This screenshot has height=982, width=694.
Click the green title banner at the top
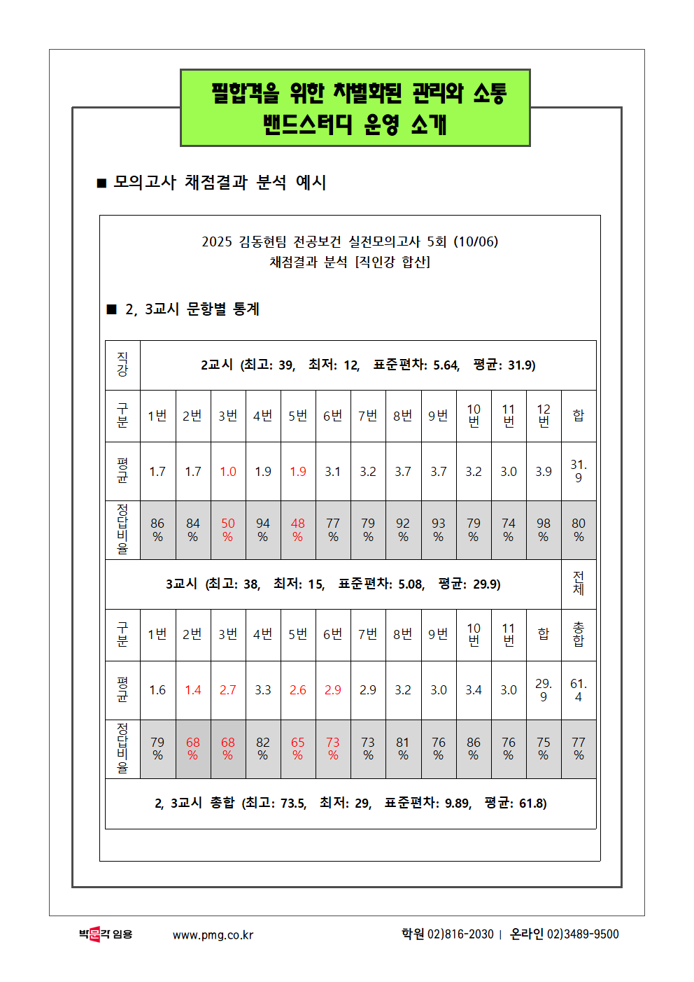click(355, 108)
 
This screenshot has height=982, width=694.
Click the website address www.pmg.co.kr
click(213, 935)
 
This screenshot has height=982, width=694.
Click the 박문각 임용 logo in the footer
click(106, 934)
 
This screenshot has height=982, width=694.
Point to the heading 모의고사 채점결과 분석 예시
click(220, 183)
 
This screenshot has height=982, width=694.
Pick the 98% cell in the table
click(544, 530)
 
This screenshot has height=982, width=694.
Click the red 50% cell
click(228, 530)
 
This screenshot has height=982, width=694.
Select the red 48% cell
click(298, 530)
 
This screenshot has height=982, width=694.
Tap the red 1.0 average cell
click(228, 472)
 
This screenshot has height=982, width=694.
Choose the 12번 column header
click(544, 416)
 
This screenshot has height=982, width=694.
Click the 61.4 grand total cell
click(579, 690)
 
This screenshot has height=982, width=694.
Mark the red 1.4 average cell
click(193, 690)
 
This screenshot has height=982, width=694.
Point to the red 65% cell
click(298, 749)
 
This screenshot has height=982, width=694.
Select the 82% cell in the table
click(263, 749)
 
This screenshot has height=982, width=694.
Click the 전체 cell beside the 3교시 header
click(579, 584)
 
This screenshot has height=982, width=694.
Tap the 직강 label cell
click(122, 365)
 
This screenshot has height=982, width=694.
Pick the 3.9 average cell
click(544, 472)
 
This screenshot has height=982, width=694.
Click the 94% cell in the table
click(263, 530)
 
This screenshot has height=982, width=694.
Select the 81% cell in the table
click(403, 749)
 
